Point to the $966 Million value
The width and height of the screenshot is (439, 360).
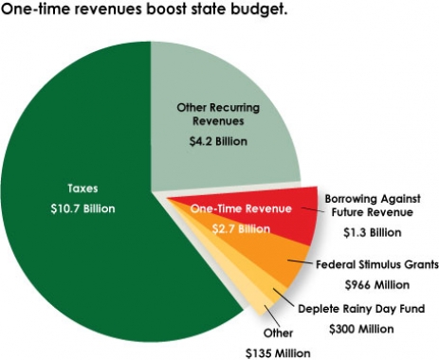click(x=362, y=282)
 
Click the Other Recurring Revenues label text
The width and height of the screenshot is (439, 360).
click(x=216, y=114)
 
